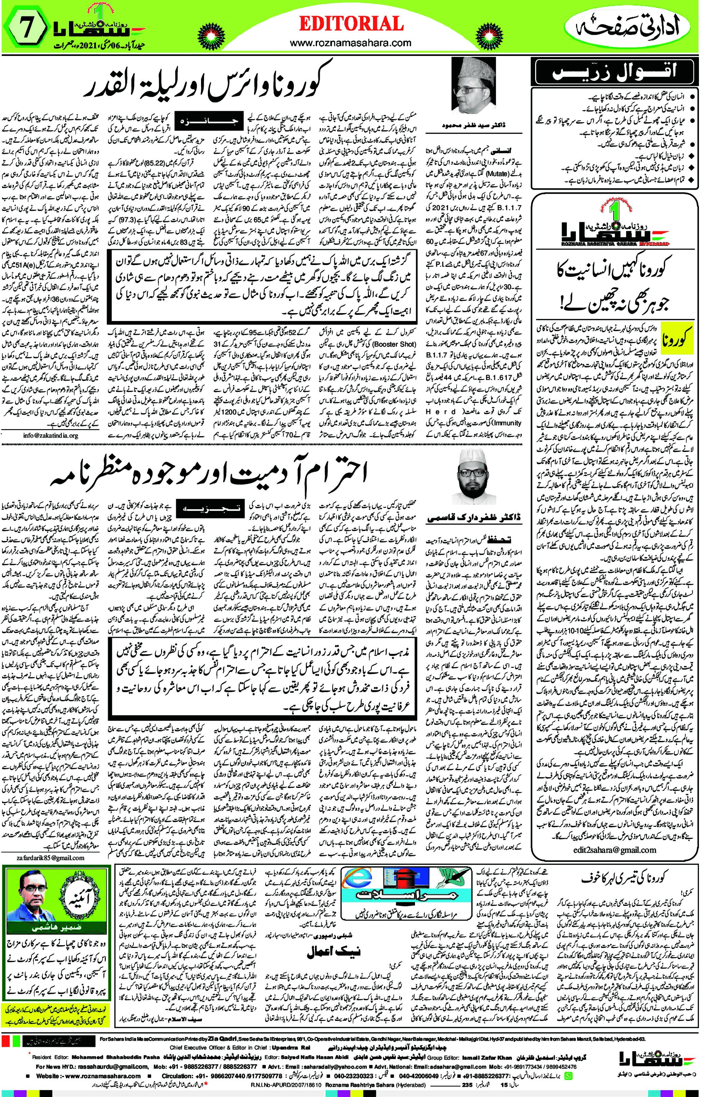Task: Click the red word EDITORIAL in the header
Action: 351,24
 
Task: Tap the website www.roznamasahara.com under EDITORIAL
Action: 350,43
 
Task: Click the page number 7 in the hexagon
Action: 26,28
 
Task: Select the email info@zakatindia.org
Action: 51,436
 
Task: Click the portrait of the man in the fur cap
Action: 474,87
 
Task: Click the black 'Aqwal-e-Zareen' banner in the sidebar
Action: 616,72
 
